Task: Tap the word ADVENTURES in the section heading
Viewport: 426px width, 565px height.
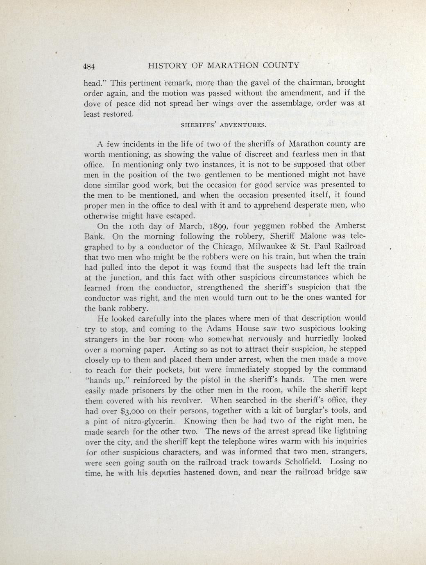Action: [x=243, y=124]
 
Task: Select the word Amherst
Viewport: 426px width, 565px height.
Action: [x=351, y=226]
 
